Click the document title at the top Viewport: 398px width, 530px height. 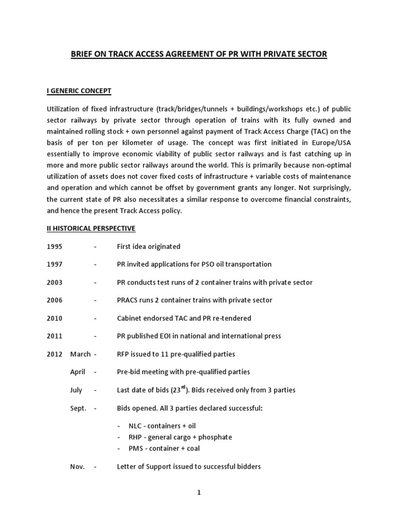[199, 54]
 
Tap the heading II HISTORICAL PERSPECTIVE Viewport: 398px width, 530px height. [91, 228]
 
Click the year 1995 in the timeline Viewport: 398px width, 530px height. [54, 246]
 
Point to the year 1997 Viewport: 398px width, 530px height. [54, 264]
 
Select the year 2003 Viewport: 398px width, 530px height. [54, 282]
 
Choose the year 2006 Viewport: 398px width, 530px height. [54, 300]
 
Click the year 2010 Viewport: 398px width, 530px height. [54, 318]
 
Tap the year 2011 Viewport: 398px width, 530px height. [54, 336]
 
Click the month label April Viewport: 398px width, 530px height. [76, 372]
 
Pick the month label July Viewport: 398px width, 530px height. [76, 390]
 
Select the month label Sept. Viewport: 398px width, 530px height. [78, 408]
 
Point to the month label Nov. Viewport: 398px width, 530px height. [77, 466]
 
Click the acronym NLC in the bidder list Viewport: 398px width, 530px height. [135, 426]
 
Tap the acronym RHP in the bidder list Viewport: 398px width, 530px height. [135, 437]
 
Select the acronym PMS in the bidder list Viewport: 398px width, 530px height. [136, 448]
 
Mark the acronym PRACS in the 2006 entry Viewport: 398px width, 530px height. [129, 300]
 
